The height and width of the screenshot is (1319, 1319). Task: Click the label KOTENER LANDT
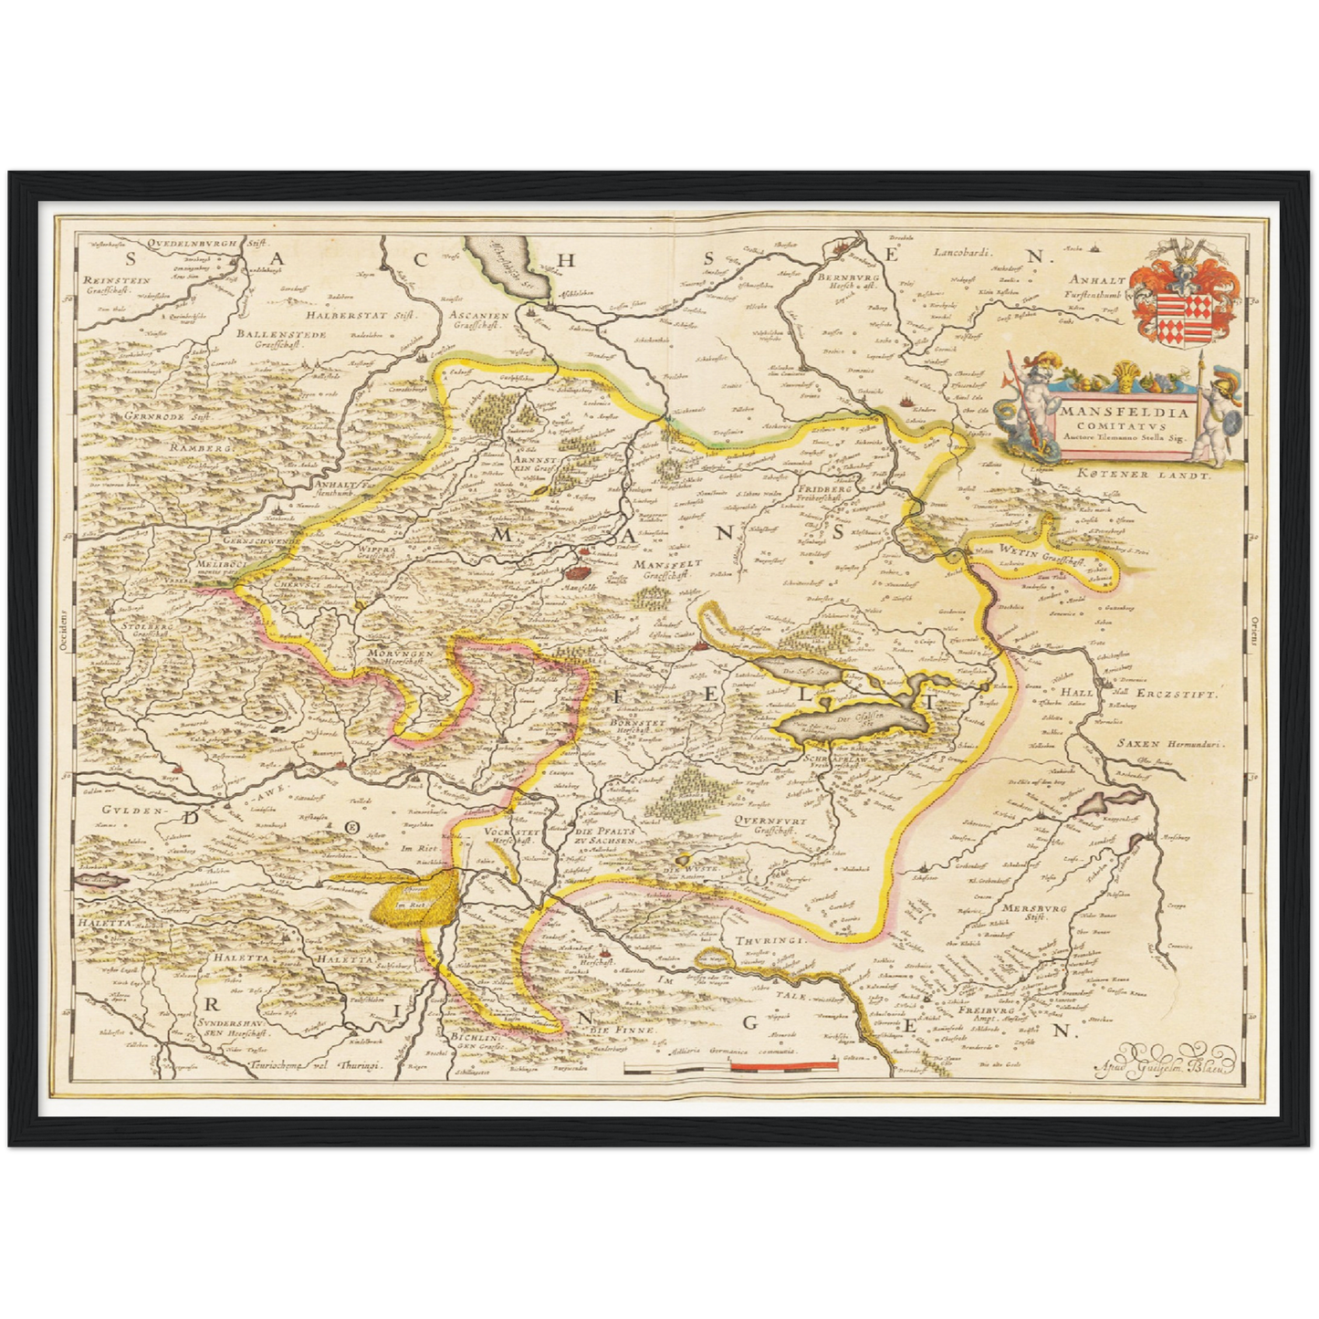coord(1143,475)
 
